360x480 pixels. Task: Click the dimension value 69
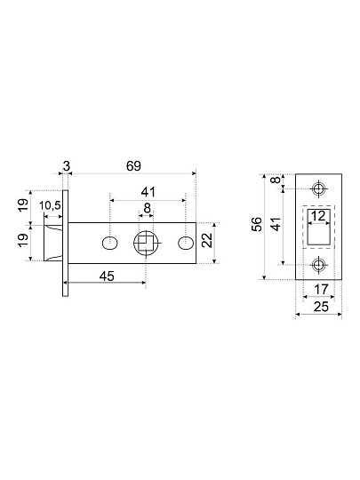[133, 166]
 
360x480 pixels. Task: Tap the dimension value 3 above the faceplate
[67, 166]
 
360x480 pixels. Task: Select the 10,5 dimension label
[51, 206]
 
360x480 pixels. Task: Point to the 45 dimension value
[108, 276]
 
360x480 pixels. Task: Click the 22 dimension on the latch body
[207, 240]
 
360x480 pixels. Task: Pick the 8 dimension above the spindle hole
[148, 208]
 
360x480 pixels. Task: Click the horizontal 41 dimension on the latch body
[148, 192]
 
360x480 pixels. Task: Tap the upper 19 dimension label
[24, 204]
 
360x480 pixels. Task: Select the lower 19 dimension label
[24, 240]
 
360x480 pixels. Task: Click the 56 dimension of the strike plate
[257, 224]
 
